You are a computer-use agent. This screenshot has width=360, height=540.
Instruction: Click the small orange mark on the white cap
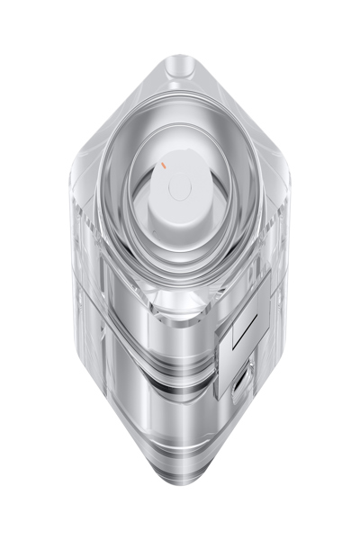coord(164,166)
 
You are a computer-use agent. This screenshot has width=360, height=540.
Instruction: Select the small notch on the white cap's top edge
coord(180,156)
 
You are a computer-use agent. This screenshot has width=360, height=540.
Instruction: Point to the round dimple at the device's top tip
coord(180,65)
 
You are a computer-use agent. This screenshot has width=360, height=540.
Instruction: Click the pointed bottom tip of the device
coord(180,486)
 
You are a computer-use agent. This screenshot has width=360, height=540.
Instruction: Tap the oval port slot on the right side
coord(238,384)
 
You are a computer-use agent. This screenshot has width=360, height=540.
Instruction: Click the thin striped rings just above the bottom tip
coord(180,463)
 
